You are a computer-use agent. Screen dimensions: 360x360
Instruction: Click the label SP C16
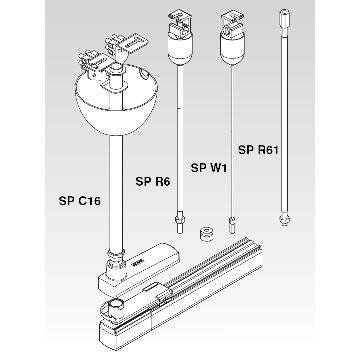(80, 201)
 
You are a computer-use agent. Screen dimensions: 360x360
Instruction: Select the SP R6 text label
(153, 182)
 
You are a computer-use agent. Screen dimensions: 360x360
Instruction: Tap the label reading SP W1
(209, 168)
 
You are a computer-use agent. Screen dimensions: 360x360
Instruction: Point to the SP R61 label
(258, 150)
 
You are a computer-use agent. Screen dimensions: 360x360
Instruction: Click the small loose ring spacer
(206, 234)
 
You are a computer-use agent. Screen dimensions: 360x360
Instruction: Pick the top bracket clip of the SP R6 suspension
(178, 23)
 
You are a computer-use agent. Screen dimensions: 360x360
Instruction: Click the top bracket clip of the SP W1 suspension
(231, 23)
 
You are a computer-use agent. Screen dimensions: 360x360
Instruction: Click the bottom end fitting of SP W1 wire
(231, 224)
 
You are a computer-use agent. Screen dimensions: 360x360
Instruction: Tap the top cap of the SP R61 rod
(284, 17)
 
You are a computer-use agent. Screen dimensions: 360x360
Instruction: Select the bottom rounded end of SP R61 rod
(284, 220)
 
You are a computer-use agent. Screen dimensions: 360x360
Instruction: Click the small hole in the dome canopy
(144, 74)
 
